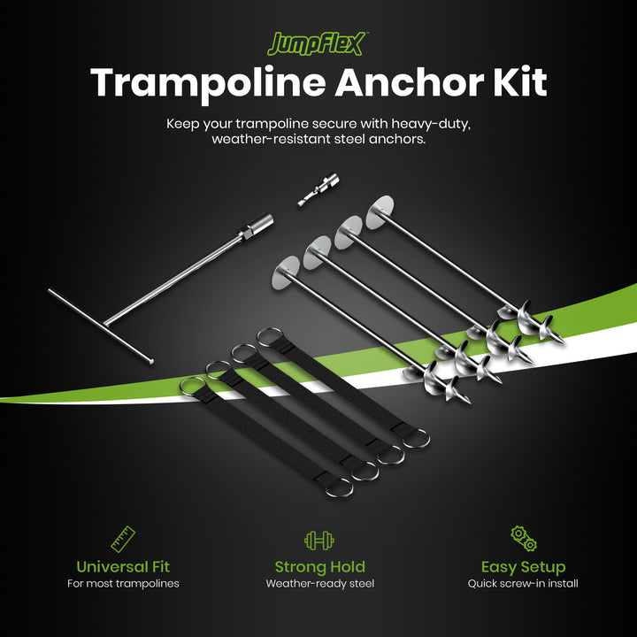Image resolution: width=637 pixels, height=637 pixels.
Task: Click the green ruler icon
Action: point(123,539)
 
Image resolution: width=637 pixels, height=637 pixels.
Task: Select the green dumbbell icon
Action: point(318,540)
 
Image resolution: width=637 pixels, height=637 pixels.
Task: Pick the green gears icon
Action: point(523,538)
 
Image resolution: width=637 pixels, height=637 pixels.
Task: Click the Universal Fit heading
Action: point(123,566)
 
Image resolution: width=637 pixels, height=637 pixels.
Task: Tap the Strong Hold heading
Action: point(319,566)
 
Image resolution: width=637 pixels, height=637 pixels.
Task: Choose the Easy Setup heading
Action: point(523,566)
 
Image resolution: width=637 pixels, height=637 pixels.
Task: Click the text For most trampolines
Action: point(123,584)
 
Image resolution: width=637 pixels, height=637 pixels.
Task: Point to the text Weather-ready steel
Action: point(319,584)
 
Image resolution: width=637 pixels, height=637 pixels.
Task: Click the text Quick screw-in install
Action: point(523,584)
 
